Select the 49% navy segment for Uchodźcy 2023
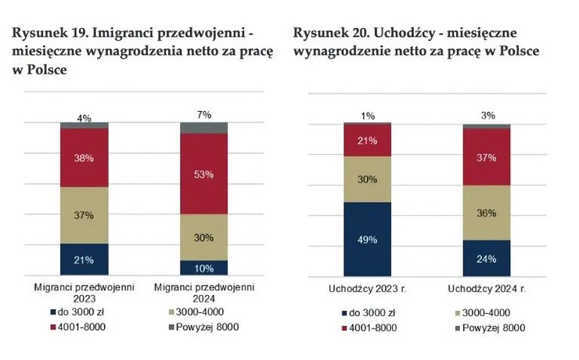coord(368,239)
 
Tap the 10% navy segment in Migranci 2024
coord(203,268)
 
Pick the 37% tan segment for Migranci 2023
coord(85,215)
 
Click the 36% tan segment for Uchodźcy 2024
coord(487,212)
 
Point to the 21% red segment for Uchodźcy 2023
coord(368,140)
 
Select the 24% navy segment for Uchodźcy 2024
coord(487,257)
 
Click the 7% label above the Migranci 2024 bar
coord(203,115)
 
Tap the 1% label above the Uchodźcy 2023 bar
coord(368,117)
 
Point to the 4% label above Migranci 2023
coord(85,118)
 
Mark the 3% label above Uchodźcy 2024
coord(487,117)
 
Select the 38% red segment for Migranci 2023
coord(85,157)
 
